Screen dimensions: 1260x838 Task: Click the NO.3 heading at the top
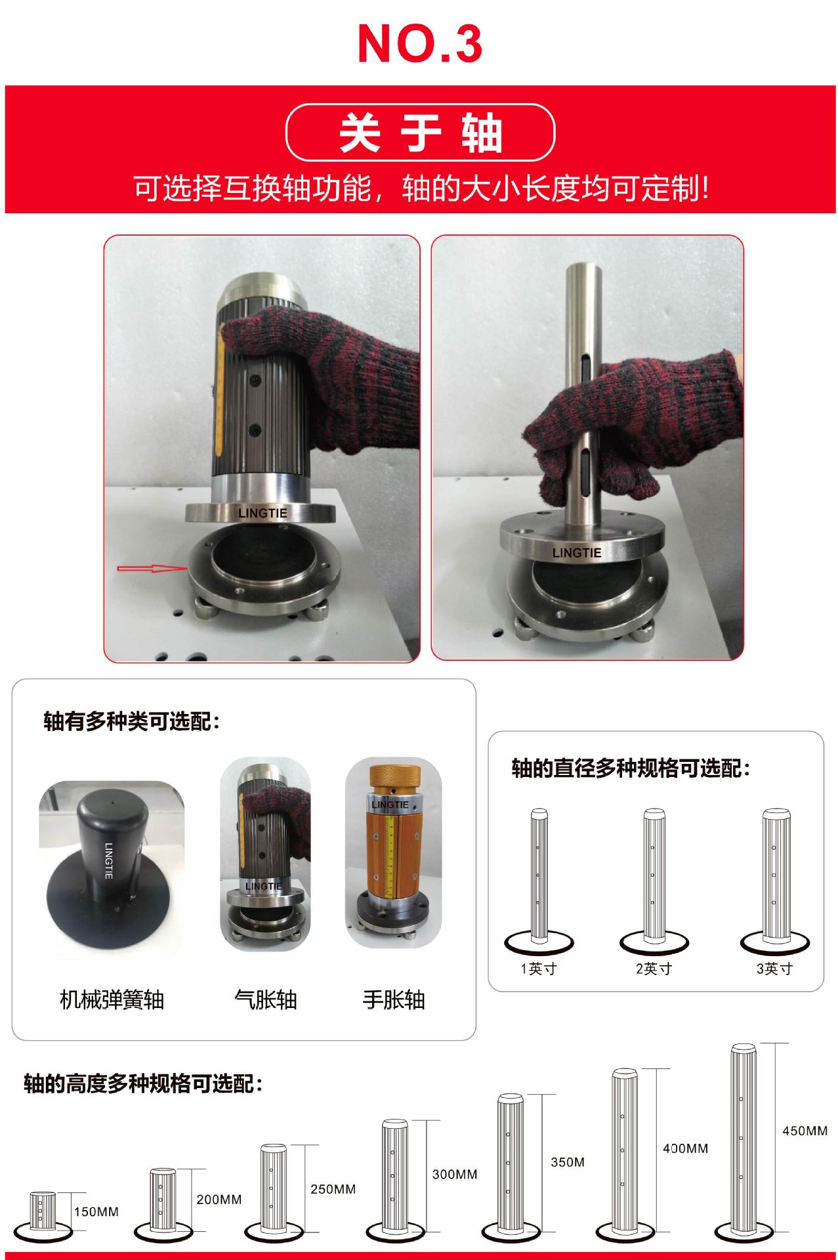(x=420, y=45)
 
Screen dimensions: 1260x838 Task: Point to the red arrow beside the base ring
(x=151, y=568)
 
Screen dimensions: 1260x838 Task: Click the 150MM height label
(x=96, y=1211)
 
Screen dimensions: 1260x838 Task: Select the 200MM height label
(x=219, y=1199)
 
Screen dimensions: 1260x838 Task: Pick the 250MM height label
(x=333, y=1189)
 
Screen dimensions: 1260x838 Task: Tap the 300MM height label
(x=454, y=1174)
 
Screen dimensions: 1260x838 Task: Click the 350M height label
(x=567, y=1162)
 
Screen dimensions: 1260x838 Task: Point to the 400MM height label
(x=685, y=1148)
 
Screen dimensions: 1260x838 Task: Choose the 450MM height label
(x=805, y=1131)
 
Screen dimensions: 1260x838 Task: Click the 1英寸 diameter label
(x=539, y=969)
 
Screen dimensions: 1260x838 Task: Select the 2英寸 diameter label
(x=654, y=969)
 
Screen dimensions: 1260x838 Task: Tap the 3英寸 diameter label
(x=774, y=969)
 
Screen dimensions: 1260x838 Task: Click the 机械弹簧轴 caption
(x=112, y=1000)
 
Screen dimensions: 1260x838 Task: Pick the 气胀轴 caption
(x=265, y=1000)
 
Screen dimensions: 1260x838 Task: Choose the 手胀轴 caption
(x=394, y=1000)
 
